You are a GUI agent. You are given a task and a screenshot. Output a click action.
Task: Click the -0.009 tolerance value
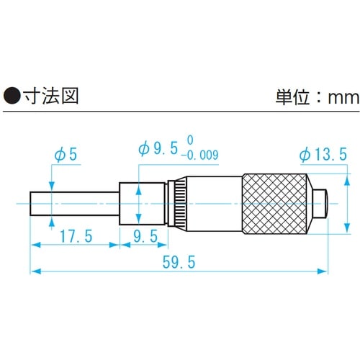pos(201,155)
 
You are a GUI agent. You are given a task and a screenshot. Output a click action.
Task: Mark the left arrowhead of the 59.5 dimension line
pos(34,271)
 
